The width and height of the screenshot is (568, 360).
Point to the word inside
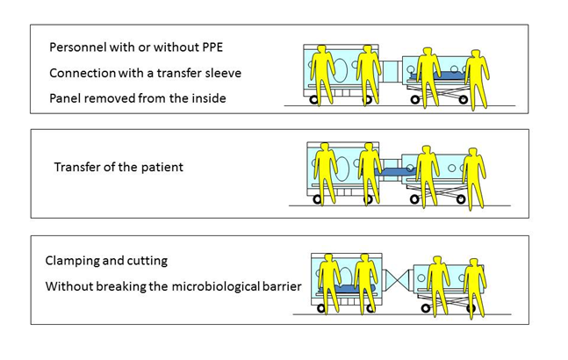tap(208, 97)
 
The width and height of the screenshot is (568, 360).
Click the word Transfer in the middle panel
tap(78, 166)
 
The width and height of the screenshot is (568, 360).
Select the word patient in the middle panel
tap(161, 166)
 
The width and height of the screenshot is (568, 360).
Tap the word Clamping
tap(75, 261)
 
